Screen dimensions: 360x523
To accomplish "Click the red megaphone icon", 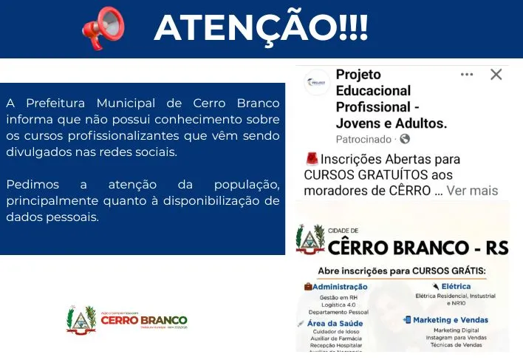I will coord(103,27).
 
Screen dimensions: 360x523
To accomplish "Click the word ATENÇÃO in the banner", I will coord(243,28).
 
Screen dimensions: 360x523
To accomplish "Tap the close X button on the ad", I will coord(496,74).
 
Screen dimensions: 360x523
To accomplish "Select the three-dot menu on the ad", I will coord(467,74).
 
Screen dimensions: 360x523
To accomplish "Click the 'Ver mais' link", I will coord(473,191).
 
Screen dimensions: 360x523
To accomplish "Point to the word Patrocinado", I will coord(366,139).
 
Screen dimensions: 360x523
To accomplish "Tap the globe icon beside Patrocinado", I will coord(405,139).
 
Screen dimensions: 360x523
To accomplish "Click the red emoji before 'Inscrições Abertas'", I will coord(311,159).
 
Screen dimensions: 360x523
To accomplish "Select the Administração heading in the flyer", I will coord(339,286).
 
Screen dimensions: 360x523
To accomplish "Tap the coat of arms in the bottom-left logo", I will coord(81,320).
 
